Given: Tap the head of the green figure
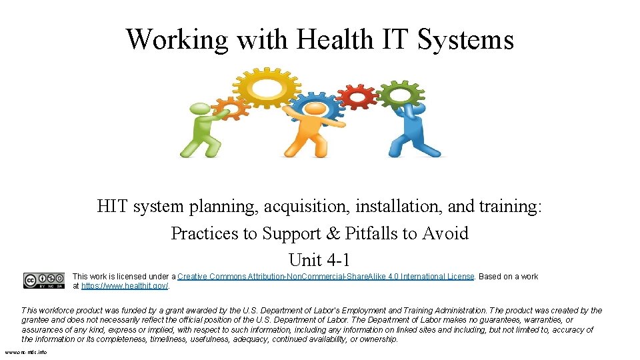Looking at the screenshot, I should point(198,109).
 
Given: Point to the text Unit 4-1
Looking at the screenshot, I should point(320,259).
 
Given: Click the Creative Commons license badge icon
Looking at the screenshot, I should point(44,281).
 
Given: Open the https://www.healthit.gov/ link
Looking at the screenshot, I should point(125,286).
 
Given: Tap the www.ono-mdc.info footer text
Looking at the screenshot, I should point(26,352).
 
